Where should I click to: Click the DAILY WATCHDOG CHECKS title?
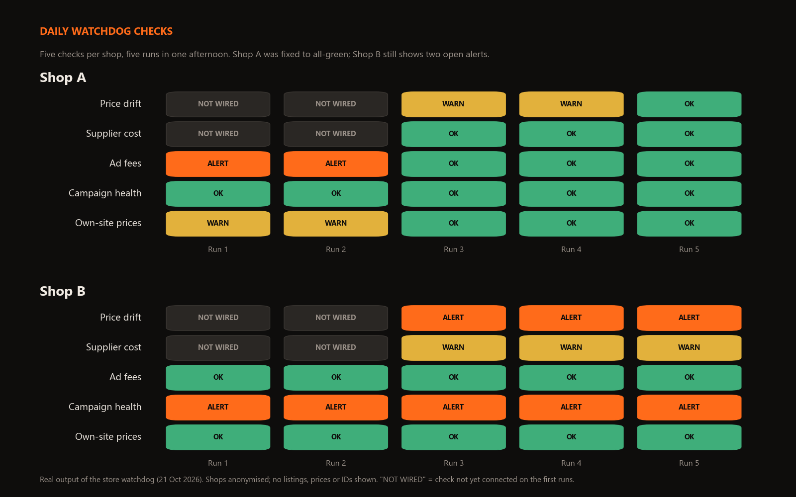(106, 31)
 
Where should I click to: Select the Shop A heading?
(63, 78)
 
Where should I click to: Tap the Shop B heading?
(63, 291)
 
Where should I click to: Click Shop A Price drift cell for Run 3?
(453, 104)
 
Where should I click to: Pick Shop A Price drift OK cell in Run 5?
(689, 104)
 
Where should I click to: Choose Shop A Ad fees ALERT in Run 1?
(218, 164)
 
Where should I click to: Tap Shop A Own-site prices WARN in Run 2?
(336, 223)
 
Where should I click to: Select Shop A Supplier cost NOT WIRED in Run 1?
(218, 134)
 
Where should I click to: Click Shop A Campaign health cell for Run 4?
(572, 193)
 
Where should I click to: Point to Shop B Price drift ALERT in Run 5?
(689, 318)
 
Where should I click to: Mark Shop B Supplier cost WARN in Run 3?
(453, 347)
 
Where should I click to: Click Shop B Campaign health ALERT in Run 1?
(218, 407)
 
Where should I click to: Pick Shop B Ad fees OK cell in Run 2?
(336, 377)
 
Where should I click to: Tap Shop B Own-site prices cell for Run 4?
(572, 437)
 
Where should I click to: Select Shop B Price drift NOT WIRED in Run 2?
(336, 318)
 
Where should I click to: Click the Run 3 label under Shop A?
(453, 249)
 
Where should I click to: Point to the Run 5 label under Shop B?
(689, 463)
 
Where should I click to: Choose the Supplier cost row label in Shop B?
(114, 347)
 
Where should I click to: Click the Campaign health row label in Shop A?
(105, 193)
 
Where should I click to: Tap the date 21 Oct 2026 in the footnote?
(179, 480)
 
